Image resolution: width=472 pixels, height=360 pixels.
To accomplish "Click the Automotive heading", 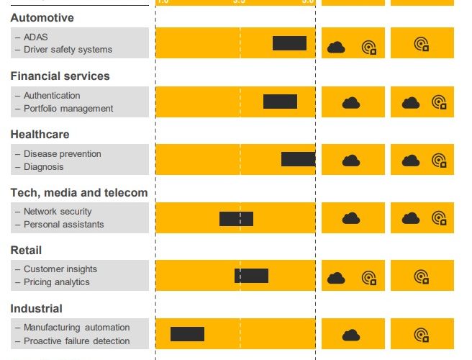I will [42, 17].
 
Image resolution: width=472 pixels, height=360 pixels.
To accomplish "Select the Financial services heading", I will [60, 76].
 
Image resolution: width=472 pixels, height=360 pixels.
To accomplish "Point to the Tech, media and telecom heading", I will [79, 192].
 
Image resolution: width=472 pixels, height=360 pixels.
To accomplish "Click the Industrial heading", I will [36, 308].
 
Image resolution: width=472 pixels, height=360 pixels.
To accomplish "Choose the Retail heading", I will [26, 250].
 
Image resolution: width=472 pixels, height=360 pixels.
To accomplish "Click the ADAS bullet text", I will [35, 37].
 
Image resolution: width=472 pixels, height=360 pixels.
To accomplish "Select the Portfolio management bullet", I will [68, 109].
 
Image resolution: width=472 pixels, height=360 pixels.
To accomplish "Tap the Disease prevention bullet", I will [63, 154].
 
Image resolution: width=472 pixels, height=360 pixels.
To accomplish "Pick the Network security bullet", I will [58, 212].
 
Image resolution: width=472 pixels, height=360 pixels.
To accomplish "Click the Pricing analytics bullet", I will [57, 282].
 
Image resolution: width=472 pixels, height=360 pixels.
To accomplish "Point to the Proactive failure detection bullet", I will [76, 341].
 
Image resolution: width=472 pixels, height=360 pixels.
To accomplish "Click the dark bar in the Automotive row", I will [289, 43].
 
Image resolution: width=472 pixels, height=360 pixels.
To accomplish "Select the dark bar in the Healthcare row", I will [298, 159].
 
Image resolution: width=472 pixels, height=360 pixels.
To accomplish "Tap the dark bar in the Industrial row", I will [187, 334].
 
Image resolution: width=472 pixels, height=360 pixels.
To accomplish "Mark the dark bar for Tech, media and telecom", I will [236, 218].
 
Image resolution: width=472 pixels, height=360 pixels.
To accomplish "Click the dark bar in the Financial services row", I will [280, 102].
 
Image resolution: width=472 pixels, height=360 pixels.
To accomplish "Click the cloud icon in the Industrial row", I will [351, 335].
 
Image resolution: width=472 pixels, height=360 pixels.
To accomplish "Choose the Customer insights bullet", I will [60, 269].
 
